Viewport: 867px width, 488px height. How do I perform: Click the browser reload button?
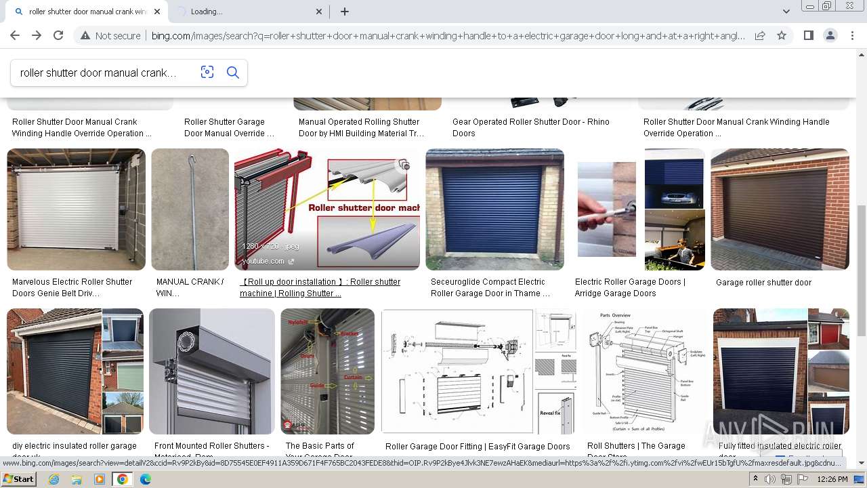pyautogui.click(x=58, y=36)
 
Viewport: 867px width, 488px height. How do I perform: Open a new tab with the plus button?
pyautogui.click(x=345, y=12)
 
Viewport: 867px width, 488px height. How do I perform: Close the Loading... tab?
pyautogui.click(x=320, y=12)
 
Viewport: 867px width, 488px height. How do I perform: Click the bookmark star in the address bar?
pyautogui.click(x=782, y=36)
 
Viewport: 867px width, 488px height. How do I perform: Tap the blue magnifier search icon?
pyautogui.click(x=233, y=73)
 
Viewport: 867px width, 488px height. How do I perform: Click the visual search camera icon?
pyautogui.click(x=207, y=73)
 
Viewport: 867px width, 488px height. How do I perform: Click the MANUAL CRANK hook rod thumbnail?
pyautogui.click(x=190, y=209)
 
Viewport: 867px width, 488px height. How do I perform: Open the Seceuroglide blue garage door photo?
pyautogui.click(x=494, y=209)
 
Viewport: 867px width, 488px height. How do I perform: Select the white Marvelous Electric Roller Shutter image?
pyautogui.click(x=76, y=209)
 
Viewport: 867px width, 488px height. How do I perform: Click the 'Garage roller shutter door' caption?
pyautogui.click(x=763, y=283)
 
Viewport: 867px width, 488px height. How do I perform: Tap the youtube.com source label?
pyautogui.click(x=263, y=261)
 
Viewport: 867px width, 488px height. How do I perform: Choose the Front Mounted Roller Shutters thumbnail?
pyautogui.click(x=212, y=371)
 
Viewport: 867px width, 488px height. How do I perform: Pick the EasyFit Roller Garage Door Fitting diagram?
pyautogui.click(x=478, y=371)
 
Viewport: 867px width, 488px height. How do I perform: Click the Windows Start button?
pyautogui.click(x=18, y=479)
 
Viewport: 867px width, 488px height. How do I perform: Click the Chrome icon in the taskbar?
pyautogui.click(x=122, y=479)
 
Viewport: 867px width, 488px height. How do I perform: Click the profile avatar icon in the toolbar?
pyautogui.click(x=830, y=36)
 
